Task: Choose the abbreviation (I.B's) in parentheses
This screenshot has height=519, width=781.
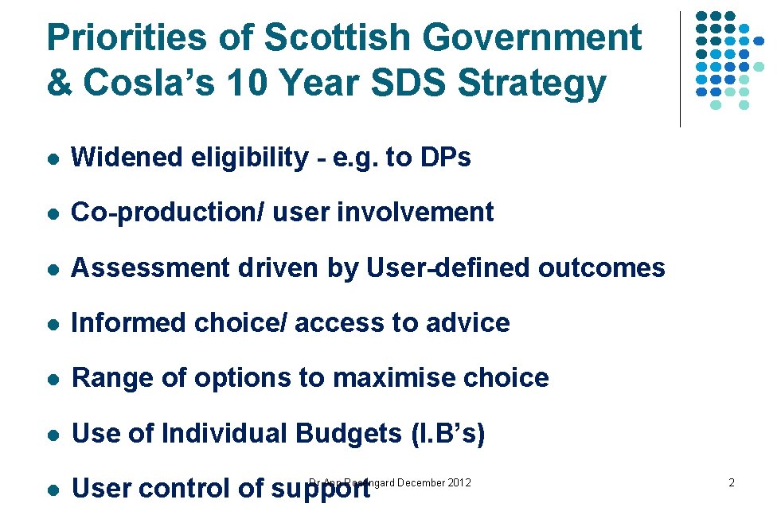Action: click(x=447, y=433)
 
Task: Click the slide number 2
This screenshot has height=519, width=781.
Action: click(x=731, y=483)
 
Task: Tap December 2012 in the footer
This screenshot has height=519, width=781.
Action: click(x=434, y=482)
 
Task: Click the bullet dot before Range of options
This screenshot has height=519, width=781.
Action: click(x=52, y=378)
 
